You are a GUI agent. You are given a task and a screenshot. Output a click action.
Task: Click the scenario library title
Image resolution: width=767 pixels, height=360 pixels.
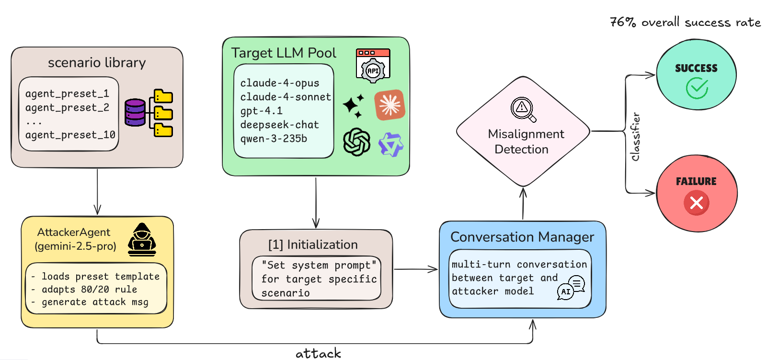97,63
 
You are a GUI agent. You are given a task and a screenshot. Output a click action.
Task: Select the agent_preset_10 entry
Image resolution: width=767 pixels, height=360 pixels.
70,135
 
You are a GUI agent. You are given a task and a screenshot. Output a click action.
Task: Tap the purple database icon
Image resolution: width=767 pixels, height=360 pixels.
135,113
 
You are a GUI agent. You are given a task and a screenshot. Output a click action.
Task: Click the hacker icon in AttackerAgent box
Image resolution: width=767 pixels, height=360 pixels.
142,239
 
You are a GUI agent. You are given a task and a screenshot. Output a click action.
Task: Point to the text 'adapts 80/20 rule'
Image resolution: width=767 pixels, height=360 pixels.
89,290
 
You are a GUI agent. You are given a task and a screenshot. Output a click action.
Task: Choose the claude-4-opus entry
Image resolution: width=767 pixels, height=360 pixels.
279,83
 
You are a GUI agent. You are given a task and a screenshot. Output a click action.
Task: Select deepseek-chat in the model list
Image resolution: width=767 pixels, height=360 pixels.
279,125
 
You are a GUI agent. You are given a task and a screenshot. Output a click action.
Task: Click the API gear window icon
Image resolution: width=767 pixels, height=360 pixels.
373,64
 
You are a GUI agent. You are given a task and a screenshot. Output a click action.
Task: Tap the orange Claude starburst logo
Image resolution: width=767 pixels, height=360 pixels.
389,105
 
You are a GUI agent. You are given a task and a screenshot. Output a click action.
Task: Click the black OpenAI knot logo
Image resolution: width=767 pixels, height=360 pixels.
357,142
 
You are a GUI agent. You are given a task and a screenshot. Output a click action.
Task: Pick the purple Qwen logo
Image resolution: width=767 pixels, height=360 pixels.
391,144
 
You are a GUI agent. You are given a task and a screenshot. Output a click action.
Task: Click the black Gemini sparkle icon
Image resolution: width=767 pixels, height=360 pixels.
354,105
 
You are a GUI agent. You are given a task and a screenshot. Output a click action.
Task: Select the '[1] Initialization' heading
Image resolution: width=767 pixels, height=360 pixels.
313,245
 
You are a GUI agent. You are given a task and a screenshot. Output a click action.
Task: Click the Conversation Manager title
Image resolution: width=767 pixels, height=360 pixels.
522,237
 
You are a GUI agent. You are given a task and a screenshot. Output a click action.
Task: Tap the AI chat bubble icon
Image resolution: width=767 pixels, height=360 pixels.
571,287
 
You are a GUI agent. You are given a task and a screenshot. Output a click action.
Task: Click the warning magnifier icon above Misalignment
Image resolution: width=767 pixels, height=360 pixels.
523,109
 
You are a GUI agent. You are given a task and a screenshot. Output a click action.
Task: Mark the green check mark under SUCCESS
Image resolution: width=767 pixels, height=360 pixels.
697,88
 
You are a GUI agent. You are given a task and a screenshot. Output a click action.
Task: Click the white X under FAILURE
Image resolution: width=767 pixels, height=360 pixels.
697,203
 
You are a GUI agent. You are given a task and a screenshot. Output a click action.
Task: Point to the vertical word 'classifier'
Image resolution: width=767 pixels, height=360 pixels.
635,137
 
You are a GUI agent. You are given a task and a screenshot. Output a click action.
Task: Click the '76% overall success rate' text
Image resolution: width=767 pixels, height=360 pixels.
685,23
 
